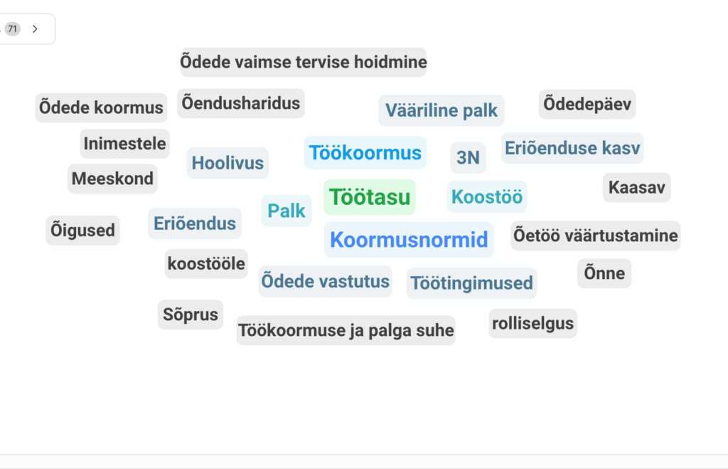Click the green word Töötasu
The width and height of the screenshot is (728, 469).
coord(370,197)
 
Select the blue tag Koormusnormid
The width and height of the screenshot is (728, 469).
coord(409,240)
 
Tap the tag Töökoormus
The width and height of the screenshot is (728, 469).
coord(365,153)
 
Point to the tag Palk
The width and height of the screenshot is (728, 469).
coord(287,211)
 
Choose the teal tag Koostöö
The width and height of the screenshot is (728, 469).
coord(487,197)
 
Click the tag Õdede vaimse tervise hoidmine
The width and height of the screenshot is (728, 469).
coord(304,62)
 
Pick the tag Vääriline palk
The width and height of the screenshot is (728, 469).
coord(441,110)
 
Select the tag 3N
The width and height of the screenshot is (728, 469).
coord(468,157)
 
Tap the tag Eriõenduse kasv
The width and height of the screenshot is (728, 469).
coord(572,148)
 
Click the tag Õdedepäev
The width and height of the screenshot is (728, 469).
coord(587,104)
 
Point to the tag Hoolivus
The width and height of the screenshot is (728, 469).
coord(227,163)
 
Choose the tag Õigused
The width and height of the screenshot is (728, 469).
coord(82,231)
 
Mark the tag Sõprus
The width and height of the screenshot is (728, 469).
coord(191,315)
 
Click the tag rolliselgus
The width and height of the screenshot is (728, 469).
coord(533,324)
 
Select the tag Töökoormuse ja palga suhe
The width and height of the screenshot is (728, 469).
coord(346,330)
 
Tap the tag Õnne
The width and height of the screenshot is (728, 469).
coord(604,273)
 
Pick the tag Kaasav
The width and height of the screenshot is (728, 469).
coord(637,188)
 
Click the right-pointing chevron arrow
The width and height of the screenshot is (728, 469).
coord(36,29)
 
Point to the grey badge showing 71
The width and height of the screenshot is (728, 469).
coord(13,28)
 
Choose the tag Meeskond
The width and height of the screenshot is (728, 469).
coord(112,179)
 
